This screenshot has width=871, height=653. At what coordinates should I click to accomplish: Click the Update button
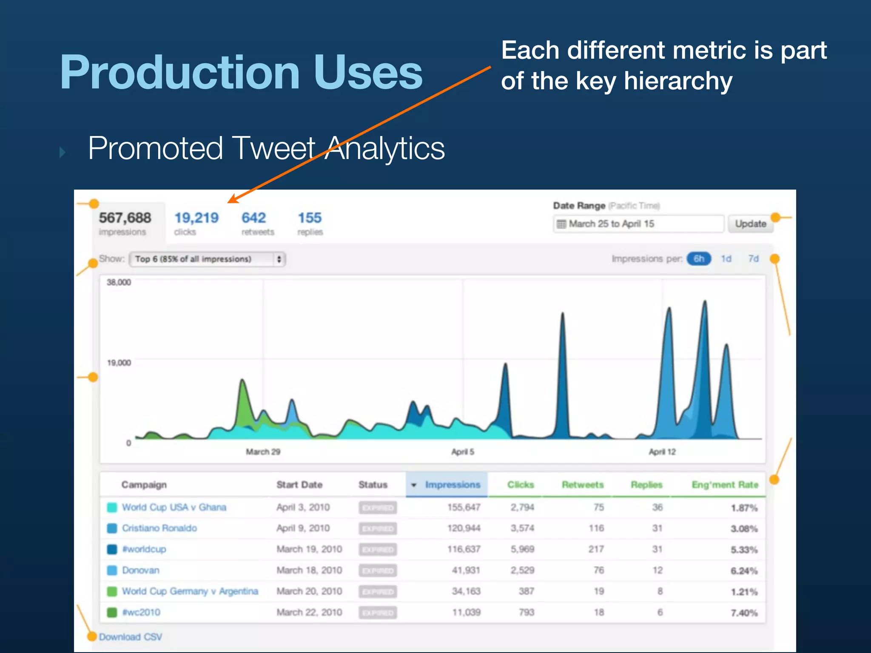point(750,224)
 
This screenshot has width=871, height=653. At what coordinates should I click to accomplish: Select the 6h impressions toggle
point(698,258)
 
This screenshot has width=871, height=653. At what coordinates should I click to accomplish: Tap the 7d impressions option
point(753,258)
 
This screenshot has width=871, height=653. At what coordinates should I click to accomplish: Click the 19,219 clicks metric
point(196,218)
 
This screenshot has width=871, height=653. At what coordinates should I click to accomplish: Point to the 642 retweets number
point(253,218)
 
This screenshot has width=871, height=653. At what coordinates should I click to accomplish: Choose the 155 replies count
point(310,218)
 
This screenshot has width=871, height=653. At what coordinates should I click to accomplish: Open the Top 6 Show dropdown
point(207,259)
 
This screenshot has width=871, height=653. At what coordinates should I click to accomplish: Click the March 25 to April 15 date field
point(638,224)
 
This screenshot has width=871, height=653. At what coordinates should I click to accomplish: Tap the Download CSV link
point(131,637)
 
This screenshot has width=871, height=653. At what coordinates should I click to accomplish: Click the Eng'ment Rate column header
point(725,485)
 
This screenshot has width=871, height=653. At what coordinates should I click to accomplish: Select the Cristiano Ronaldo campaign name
point(159,528)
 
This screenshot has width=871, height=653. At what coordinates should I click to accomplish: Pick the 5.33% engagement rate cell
point(744,550)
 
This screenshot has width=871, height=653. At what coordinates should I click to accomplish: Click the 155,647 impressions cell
point(464,507)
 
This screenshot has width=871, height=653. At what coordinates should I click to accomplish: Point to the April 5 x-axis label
point(462,452)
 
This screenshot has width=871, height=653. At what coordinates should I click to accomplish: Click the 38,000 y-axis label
point(119,282)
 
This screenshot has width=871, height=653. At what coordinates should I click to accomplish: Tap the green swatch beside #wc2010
point(112,613)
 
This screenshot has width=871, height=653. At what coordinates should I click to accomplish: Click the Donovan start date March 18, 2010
point(309,570)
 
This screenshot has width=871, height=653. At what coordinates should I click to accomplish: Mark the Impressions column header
point(452,485)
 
